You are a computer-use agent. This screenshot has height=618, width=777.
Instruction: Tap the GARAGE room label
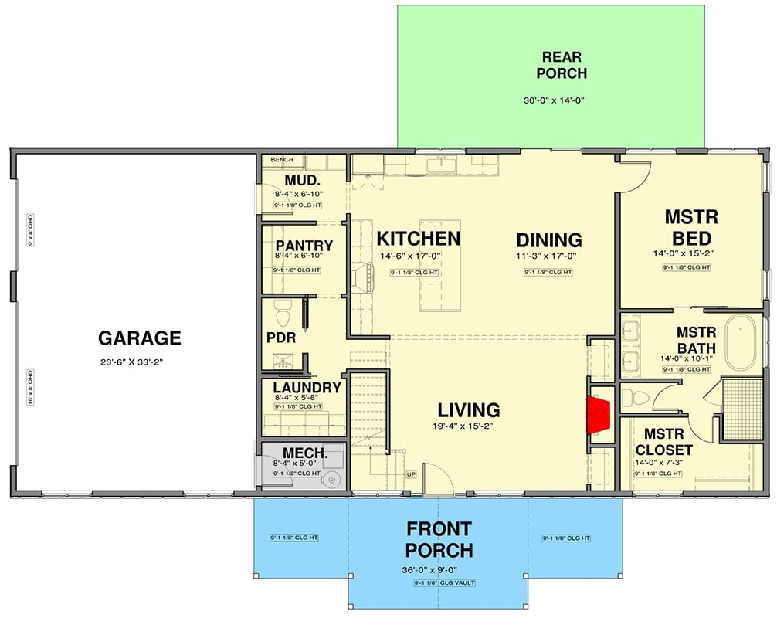point(140,338)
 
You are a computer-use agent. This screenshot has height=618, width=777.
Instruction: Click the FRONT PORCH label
point(439,539)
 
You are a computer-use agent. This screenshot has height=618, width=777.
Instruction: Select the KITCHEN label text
point(418,239)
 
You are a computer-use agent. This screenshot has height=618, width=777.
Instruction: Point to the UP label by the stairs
point(411,474)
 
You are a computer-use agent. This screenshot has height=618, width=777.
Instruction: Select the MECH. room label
point(300,452)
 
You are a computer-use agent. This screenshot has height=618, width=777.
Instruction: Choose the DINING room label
point(548,239)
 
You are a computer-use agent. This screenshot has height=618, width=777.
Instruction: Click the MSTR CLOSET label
point(663,442)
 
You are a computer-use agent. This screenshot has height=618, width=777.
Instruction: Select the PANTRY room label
point(304,246)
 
